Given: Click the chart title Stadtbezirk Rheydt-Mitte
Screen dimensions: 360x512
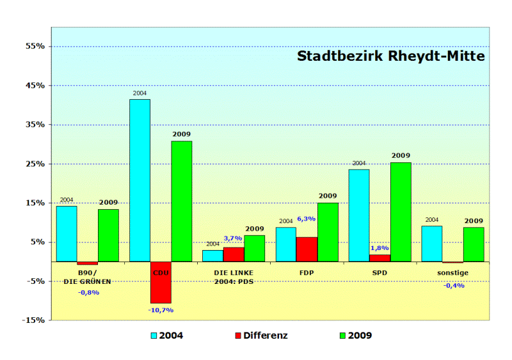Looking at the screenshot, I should pyautogui.click(x=390, y=56).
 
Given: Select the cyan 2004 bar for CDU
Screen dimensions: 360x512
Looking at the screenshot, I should pyautogui.click(x=140, y=180).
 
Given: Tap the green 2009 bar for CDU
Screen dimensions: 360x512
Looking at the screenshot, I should pyautogui.click(x=181, y=201).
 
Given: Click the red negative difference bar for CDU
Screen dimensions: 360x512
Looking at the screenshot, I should pyautogui.click(x=161, y=282).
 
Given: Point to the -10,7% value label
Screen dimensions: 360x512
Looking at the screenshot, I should pyautogui.click(x=161, y=310).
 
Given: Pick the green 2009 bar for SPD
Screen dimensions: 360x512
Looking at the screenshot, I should pyautogui.click(x=401, y=212).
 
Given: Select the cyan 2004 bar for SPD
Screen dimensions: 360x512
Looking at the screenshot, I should pyautogui.click(x=358, y=215).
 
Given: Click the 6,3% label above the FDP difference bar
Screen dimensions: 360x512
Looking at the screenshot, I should pyautogui.click(x=307, y=219).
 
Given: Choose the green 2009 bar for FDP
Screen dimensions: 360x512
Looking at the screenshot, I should pyautogui.click(x=328, y=232).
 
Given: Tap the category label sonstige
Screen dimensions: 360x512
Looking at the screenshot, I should pyautogui.click(x=452, y=273).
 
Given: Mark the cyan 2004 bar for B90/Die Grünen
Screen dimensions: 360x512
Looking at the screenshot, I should pyautogui.click(x=67, y=233).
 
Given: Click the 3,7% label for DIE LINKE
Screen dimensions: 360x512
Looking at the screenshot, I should pyautogui.click(x=233, y=239).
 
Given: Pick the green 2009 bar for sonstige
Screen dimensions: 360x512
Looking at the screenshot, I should pyautogui.click(x=474, y=244).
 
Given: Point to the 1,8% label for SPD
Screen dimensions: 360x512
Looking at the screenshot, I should pyautogui.click(x=380, y=248).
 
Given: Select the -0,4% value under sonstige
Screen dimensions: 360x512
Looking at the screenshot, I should pyautogui.click(x=452, y=285).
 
